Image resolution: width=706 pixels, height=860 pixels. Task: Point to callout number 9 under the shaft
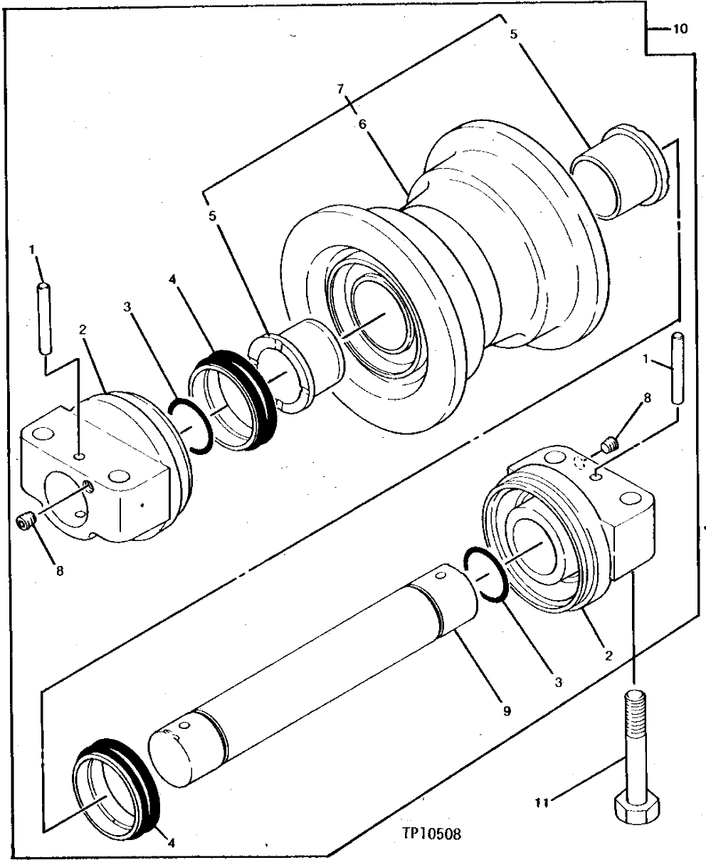tap(506, 710)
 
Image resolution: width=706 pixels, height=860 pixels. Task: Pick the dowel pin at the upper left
tap(44, 318)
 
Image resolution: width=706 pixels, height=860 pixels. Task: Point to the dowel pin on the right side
tap(678, 368)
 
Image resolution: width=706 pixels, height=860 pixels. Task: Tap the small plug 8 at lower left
tap(26, 523)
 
